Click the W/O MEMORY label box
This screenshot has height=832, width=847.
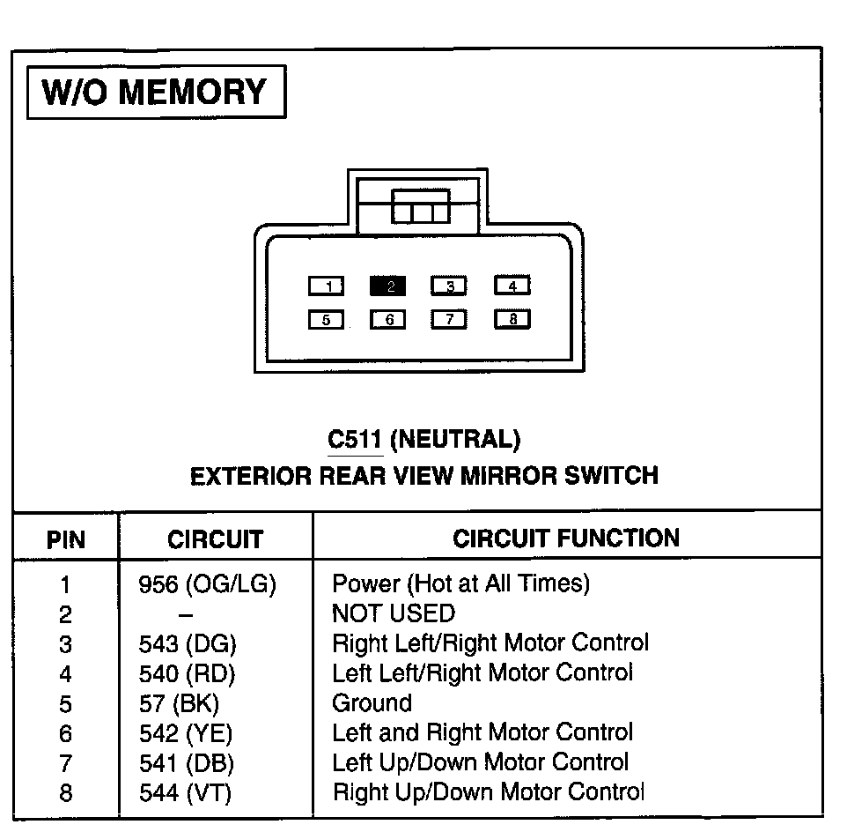point(157,93)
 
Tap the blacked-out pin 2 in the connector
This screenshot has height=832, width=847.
point(388,286)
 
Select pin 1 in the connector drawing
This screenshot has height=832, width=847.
point(327,286)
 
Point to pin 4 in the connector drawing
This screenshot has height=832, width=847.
point(512,286)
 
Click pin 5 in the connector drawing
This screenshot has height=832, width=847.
point(327,320)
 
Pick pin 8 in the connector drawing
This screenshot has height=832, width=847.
point(512,320)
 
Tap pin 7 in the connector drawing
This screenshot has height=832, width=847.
point(449,320)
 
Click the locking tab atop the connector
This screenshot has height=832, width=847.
point(420,211)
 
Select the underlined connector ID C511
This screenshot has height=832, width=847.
point(354,439)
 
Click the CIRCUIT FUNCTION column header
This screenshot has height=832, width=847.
point(566,539)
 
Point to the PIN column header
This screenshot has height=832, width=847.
point(66,539)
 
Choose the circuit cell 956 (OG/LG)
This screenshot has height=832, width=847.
point(208,583)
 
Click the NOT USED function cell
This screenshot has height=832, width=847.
point(393,613)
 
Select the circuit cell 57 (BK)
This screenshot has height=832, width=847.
point(179,703)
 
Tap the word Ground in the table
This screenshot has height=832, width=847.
point(372,703)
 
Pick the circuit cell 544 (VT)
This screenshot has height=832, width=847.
point(185,793)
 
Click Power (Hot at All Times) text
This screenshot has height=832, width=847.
point(460,583)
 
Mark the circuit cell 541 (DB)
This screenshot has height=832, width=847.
point(187,763)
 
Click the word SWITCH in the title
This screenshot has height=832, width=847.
point(614,476)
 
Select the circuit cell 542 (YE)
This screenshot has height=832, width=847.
point(186,733)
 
